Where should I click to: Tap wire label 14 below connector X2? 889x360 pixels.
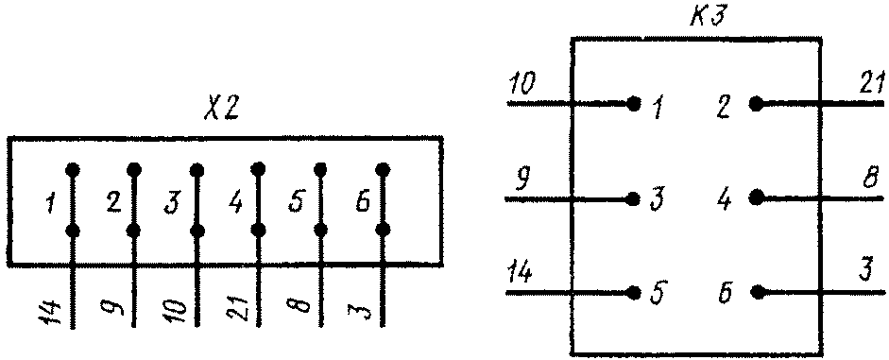(x=52, y=314)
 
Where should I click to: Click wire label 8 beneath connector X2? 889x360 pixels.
(x=302, y=306)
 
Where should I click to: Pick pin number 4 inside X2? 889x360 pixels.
(x=235, y=202)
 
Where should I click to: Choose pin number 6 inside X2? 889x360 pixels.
(x=362, y=202)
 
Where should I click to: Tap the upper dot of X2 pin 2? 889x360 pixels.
(x=134, y=169)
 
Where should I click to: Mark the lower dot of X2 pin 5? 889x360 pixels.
(x=320, y=231)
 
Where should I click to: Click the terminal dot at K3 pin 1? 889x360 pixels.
(x=634, y=104)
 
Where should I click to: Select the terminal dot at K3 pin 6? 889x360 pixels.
(x=756, y=293)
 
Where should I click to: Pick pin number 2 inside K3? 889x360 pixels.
(x=723, y=107)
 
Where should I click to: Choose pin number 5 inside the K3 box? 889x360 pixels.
(x=659, y=293)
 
